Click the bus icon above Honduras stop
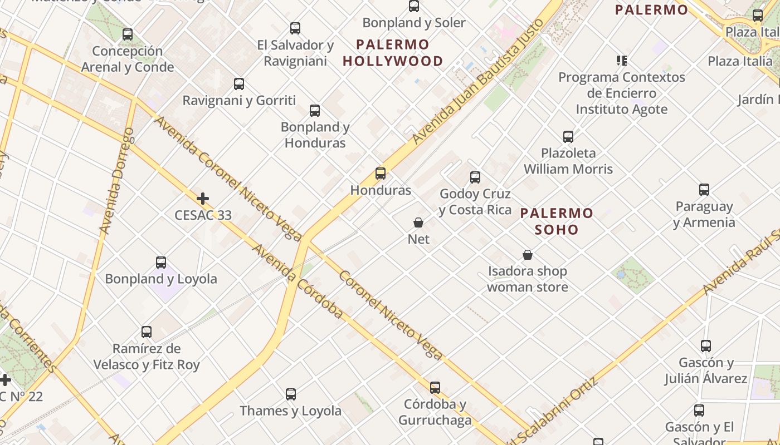(x=381, y=173)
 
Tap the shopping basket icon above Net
(x=418, y=222)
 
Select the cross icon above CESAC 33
(x=203, y=198)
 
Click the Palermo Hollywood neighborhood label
(x=393, y=53)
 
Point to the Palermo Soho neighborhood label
(x=557, y=221)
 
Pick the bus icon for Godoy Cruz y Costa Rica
(x=475, y=177)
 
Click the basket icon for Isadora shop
(x=528, y=255)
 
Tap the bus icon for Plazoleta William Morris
(x=568, y=136)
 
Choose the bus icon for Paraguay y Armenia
(x=704, y=190)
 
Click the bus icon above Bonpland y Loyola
(x=161, y=262)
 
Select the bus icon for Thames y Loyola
(x=291, y=394)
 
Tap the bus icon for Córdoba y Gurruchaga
(x=435, y=387)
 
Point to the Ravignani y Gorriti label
(x=239, y=101)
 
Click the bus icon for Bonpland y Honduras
(x=315, y=110)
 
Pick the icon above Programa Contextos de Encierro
(x=622, y=60)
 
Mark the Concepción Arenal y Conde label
(x=128, y=59)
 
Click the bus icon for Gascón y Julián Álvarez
(x=706, y=346)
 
